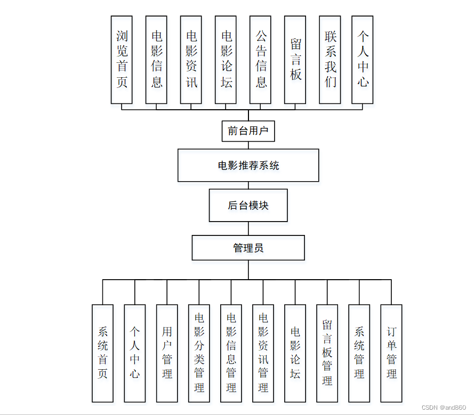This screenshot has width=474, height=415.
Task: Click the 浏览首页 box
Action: pyautogui.click(x=122, y=59)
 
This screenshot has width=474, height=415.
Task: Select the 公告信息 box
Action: pyautogui.click(x=260, y=59)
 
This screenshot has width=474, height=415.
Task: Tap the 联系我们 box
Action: pyautogui.click(x=330, y=59)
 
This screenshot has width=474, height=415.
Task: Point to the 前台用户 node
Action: pyautogui.click(x=248, y=131)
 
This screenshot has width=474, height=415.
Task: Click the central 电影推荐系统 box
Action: pyautogui.click(x=248, y=165)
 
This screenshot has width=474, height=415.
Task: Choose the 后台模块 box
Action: pyautogui.click(x=248, y=205)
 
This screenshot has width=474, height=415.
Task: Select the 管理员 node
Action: pyautogui.click(x=248, y=248)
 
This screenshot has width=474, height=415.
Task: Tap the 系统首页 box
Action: pyautogui.click(x=102, y=353)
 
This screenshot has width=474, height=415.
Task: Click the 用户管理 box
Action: pyautogui.click(x=167, y=353)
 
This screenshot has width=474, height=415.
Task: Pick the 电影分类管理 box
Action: pyautogui.click(x=199, y=353)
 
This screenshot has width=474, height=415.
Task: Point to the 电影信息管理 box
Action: pyautogui.click(x=231, y=353)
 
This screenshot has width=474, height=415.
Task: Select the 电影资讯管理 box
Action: pyautogui.click(x=263, y=353)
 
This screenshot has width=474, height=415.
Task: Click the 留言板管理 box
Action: pyautogui.click(x=327, y=353)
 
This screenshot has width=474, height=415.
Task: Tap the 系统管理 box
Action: pyautogui.click(x=359, y=353)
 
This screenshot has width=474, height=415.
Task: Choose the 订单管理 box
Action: pyautogui.click(x=391, y=353)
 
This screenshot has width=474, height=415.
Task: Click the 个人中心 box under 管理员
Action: pyautogui.click(x=134, y=353)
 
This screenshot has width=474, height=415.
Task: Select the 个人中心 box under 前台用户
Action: pyautogui.click(x=363, y=59)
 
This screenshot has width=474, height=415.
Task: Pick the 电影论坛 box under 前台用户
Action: pyautogui.click(x=226, y=59)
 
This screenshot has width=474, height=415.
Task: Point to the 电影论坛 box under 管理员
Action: pyautogui.click(x=295, y=353)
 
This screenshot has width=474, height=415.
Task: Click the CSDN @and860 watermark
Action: pyautogui.click(x=443, y=407)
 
